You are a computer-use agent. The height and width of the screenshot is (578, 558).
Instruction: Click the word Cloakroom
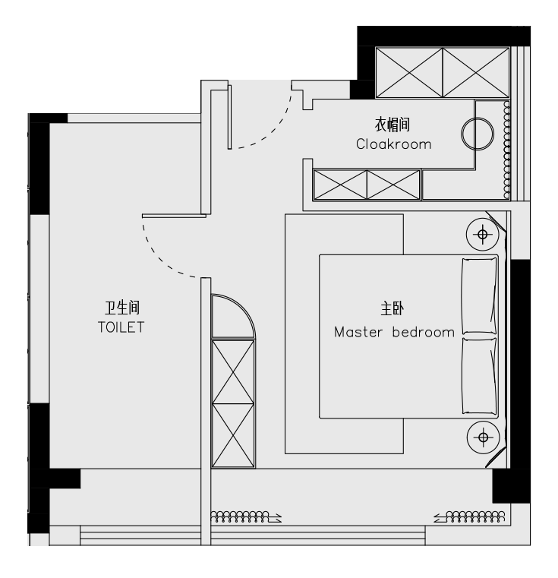[393, 144]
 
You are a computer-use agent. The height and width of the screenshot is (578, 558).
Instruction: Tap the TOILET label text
[121, 327]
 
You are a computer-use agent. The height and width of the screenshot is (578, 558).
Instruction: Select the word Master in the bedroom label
[358, 333]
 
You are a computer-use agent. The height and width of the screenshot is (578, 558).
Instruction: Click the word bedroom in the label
[423, 332]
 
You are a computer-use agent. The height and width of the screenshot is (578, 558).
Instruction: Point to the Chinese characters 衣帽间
[392, 125]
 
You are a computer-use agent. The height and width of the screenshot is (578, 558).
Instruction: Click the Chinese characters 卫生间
[122, 308]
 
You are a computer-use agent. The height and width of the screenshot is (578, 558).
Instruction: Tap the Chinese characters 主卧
[392, 308]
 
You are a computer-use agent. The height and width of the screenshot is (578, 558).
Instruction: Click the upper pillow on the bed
[479, 295]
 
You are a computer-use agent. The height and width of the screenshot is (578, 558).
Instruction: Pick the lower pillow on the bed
[479, 375]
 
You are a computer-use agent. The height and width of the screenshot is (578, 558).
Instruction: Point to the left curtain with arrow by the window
[246, 517]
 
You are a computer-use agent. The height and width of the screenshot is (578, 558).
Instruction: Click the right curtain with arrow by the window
[469, 516]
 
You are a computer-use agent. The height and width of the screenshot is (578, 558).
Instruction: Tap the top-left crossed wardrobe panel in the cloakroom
[409, 73]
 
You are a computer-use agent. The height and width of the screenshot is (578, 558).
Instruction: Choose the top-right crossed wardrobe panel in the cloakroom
[476, 73]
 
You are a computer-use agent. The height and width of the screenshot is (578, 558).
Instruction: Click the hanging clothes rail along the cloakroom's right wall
[507, 150]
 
